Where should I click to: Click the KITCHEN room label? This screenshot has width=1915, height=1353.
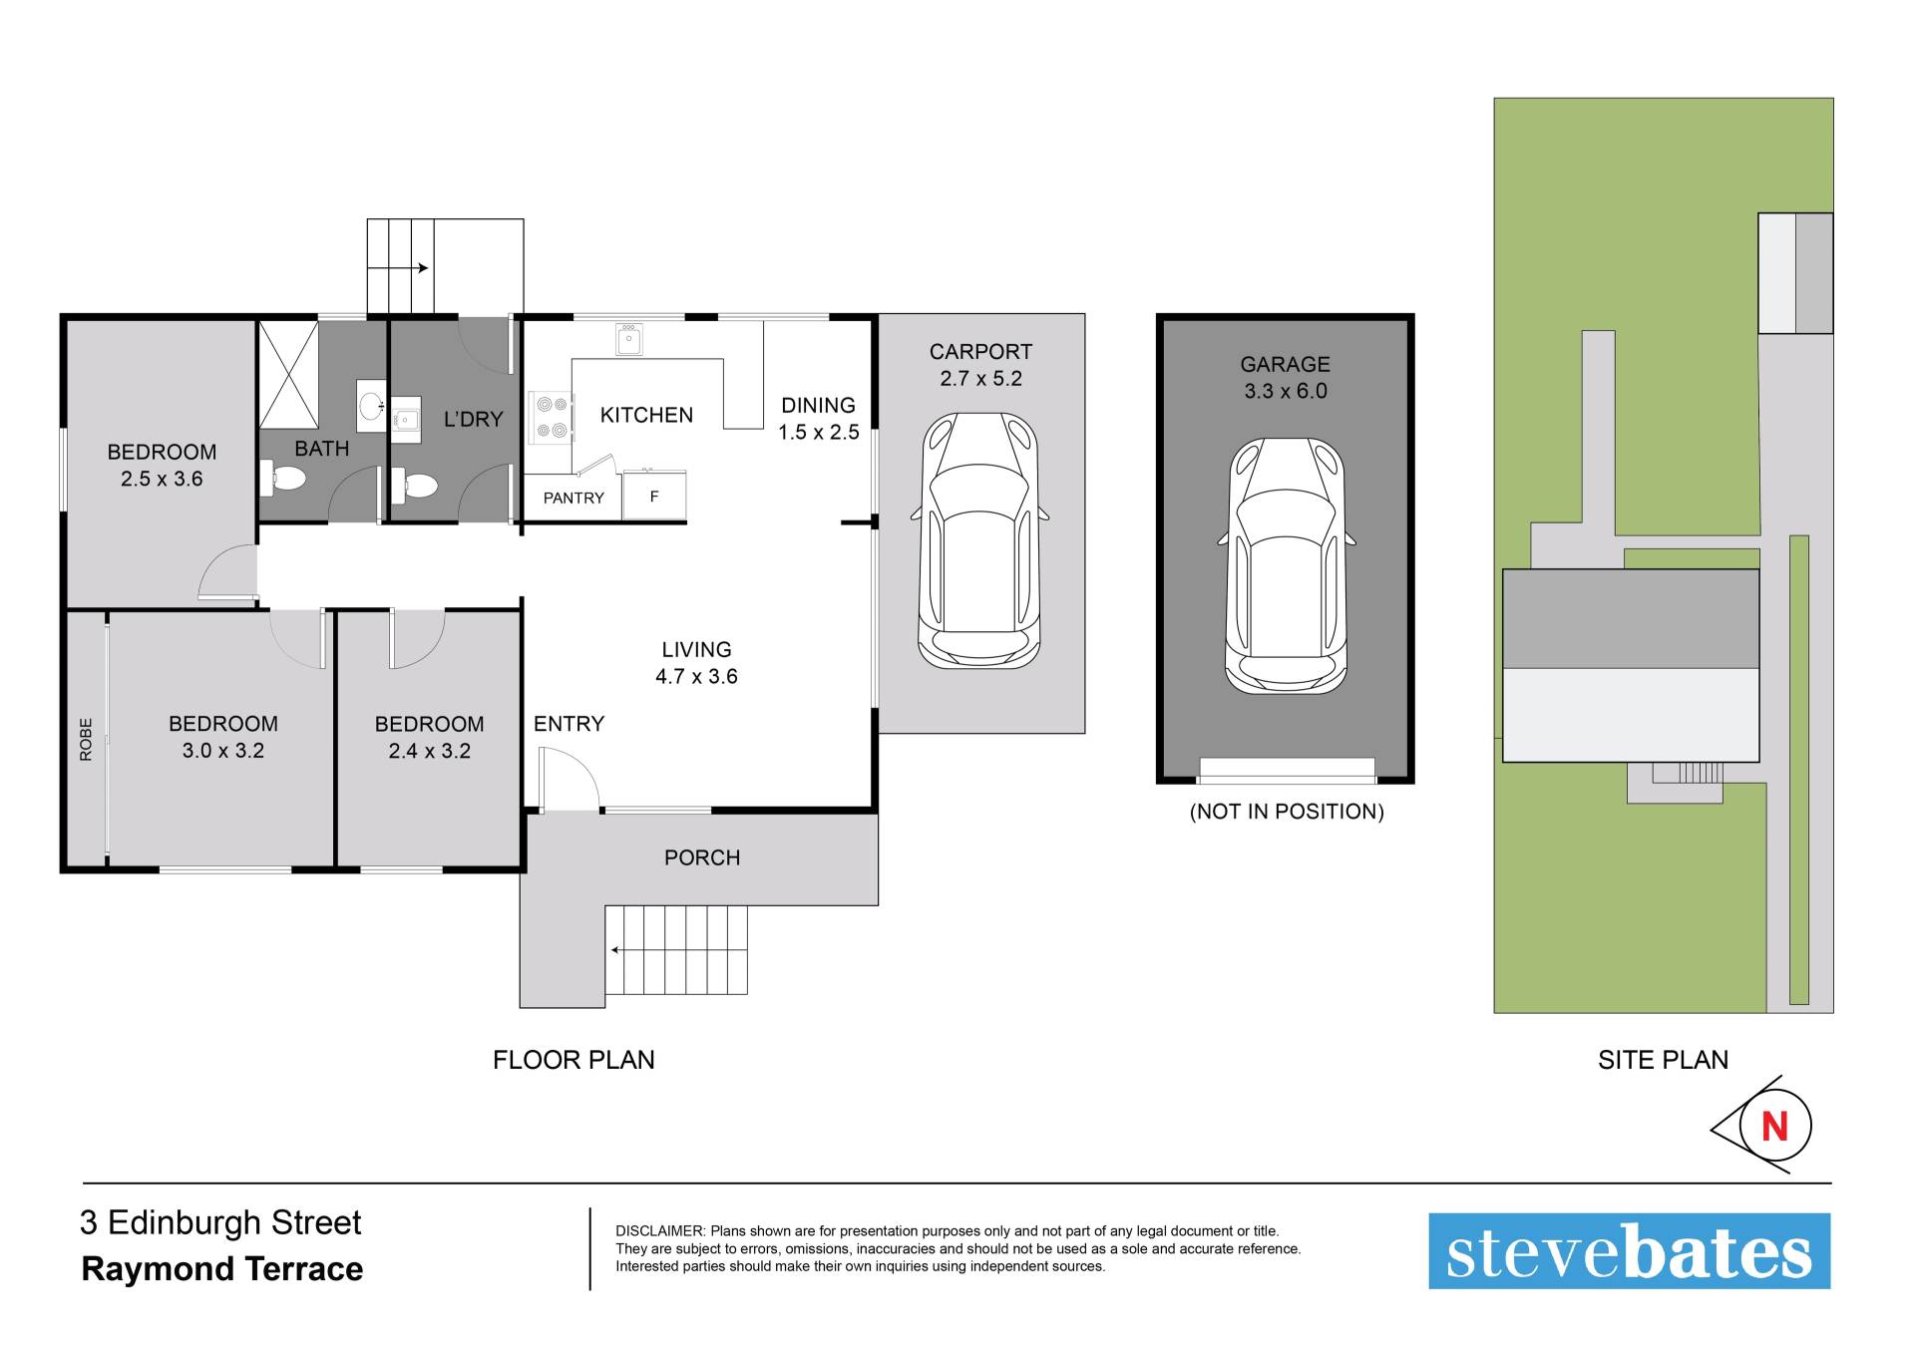[646, 415]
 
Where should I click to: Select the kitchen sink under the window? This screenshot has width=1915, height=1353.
[629, 339]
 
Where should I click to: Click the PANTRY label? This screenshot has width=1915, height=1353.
[574, 498]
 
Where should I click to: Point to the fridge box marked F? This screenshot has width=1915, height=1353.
[654, 497]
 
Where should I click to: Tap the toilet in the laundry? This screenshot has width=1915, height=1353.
[415, 487]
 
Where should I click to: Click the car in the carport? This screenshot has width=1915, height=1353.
[979, 539]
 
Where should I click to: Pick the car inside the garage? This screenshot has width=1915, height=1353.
[1286, 565]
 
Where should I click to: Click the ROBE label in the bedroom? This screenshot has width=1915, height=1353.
[86, 740]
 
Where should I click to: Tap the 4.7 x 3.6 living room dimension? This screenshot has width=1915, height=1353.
[696, 676]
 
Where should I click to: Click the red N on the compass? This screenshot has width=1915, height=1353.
[1775, 1127]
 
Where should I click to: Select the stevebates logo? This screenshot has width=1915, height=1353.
[1629, 1251]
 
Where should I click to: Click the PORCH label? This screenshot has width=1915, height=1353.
[702, 857]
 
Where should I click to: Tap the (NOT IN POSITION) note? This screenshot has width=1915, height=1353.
[1287, 812]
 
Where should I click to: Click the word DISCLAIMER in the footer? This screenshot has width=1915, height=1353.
[660, 1231]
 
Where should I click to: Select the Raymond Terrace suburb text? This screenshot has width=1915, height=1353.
[222, 1269]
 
